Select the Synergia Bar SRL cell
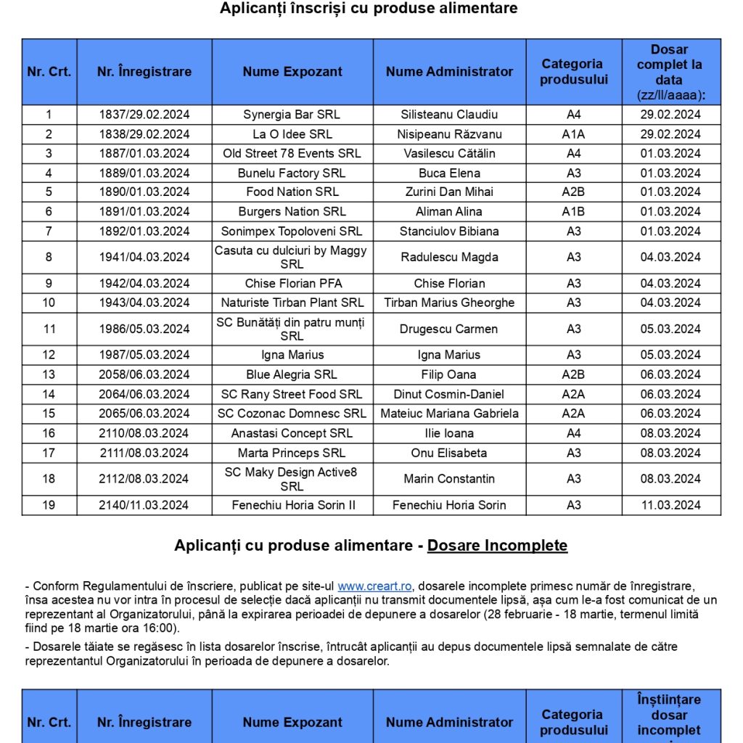tap(292, 115)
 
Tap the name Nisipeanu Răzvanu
tap(449, 134)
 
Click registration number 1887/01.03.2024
tap(144, 154)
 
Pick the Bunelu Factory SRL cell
tap(292, 173)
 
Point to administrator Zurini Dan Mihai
tap(449, 192)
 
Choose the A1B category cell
tap(573, 212)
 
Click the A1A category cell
tap(573, 134)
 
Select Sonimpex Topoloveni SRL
tap(292, 231)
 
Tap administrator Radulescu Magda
tap(449, 257)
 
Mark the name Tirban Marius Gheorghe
tap(449, 303)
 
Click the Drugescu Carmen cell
tap(449, 329)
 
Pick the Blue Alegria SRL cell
tap(292, 374)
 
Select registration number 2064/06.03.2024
tap(144, 394)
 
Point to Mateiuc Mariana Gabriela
tap(449, 414)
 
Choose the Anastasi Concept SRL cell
tap(292, 433)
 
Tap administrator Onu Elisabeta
tap(449, 453)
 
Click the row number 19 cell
tap(49, 505)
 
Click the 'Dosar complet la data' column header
tap(670, 72)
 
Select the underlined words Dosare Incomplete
tap(497, 546)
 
